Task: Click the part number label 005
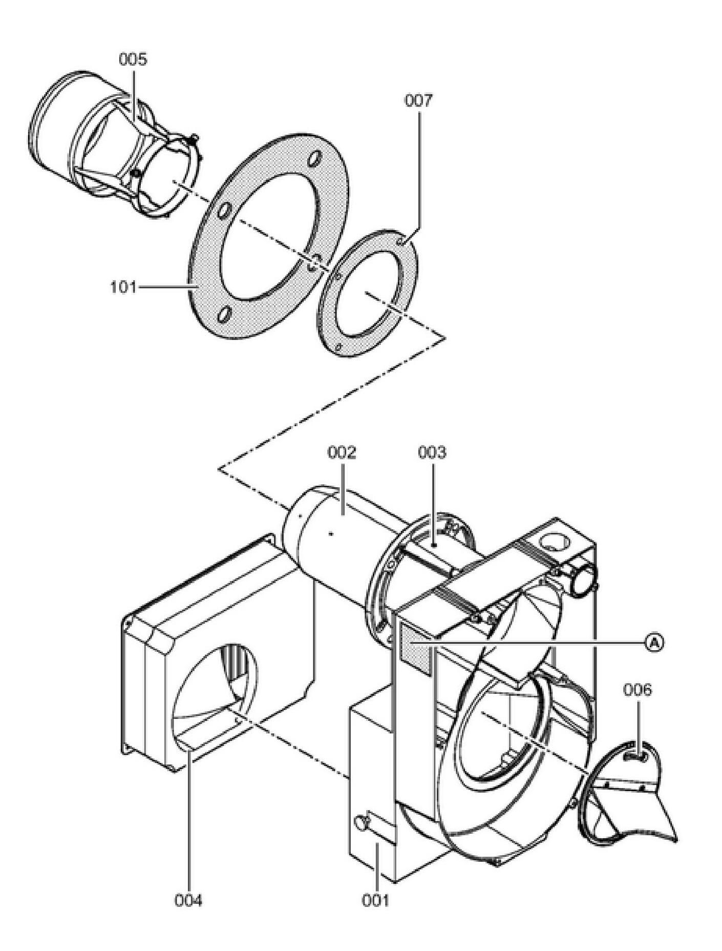(x=133, y=59)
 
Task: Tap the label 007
(x=418, y=100)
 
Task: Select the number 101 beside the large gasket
(x=123, y=287)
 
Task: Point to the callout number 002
(x=342, y=452)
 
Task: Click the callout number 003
(x=432, y=452)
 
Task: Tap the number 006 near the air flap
(x=638, y=690)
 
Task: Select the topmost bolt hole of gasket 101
(x=315, y=157)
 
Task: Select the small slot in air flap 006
(x=635, y=755)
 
